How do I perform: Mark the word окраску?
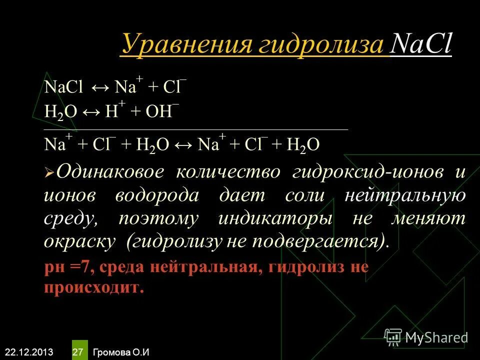[x=80, y=242]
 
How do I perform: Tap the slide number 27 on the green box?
[x=78, y=352]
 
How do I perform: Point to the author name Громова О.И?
[x=121, y=352]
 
